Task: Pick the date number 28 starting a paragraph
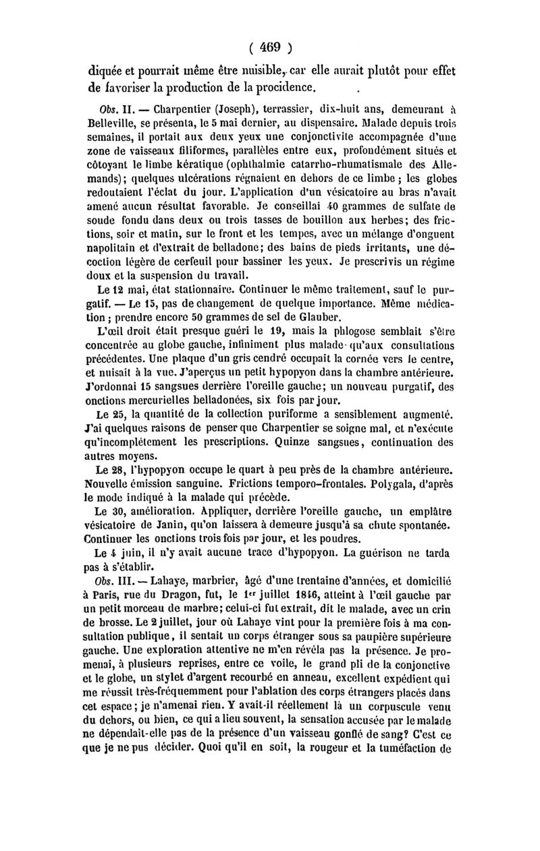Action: [115, 470]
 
